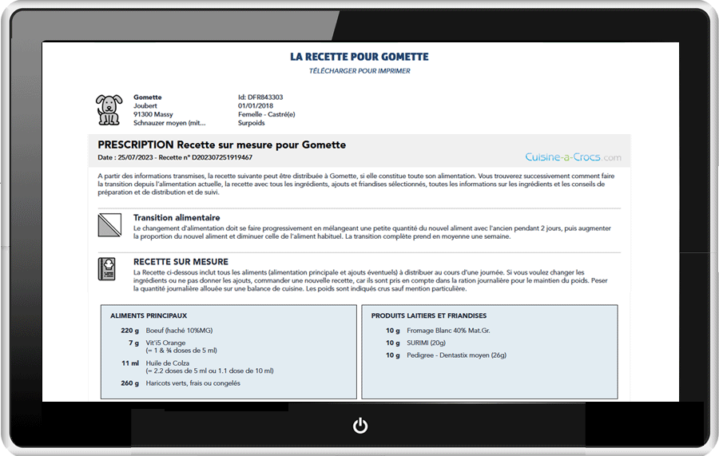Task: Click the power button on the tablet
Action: pyautogui.click(x=360, y=426)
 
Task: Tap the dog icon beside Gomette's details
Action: pyautogui.click(x=109, y=110)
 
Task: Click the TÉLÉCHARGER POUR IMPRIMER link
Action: pyautogui.click(x=359, y=71)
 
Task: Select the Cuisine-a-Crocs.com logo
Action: pyautogui.click(x=573, y=157)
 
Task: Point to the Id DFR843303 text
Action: pyautogui.click(x=260, y=97)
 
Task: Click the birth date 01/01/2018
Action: pyautogui.click(x=256, y=106)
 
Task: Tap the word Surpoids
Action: pyautogui.click(x=252, y=124)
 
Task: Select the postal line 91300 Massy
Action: pyautogui.click(x=153, y=115)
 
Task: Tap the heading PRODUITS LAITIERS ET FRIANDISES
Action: pyautogui.click(x=429, y=316)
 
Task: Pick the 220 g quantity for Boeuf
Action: pyautogui.click(x=129, y=331)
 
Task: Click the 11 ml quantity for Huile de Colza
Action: pyautogui.click(x=130, y=363)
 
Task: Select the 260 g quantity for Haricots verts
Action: pyautogui.click(x=129, y=383)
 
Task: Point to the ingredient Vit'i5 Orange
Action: pyautogui.click(x=165, y=343)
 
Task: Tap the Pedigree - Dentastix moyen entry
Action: pyautogui.click(x=457, y=355)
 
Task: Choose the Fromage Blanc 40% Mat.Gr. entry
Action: pyautogui.click(x=448, y=331)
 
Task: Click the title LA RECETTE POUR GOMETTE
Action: pyautogui.click(x=359, y=57)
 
